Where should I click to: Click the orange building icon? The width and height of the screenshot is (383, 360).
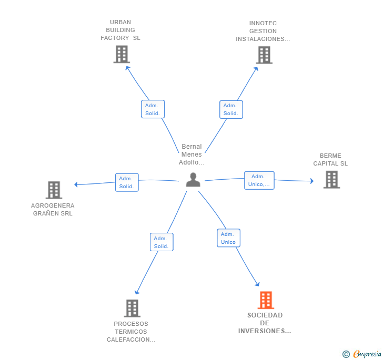[266, 300]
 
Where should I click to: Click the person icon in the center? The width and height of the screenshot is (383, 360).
[193, 180]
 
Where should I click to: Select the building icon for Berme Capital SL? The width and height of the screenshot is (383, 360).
[331, 180]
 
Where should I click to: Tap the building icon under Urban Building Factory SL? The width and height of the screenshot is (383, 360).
[122, 55]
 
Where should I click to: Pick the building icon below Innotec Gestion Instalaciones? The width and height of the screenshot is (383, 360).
[264, 55]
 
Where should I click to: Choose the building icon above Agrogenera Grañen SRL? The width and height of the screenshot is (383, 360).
[54, 190]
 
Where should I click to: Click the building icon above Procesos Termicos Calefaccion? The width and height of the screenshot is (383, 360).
[132, 308]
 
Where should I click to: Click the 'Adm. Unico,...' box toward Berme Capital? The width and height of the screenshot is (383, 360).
[259, 180]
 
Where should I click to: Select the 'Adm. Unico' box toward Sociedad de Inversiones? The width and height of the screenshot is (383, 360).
[228, 238]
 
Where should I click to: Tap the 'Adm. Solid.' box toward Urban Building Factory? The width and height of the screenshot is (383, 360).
[153, 109]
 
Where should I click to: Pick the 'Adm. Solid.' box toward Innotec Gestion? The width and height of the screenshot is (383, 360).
[231, 109]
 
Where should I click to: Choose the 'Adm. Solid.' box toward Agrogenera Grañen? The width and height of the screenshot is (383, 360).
[127, 182]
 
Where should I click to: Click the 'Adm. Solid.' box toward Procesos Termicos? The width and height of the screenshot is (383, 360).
[162, 242]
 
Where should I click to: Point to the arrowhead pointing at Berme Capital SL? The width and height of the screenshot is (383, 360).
[312, 181]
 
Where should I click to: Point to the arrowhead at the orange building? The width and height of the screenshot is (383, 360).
[257, 284]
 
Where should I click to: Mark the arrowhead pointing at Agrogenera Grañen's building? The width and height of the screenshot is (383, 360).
[76, 184]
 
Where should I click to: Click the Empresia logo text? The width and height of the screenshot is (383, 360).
[367, 354]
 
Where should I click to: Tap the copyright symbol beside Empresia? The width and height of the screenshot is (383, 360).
[346, 354]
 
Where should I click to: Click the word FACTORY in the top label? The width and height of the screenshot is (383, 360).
[115, 38]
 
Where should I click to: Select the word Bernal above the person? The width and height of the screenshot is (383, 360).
[191, 147]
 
